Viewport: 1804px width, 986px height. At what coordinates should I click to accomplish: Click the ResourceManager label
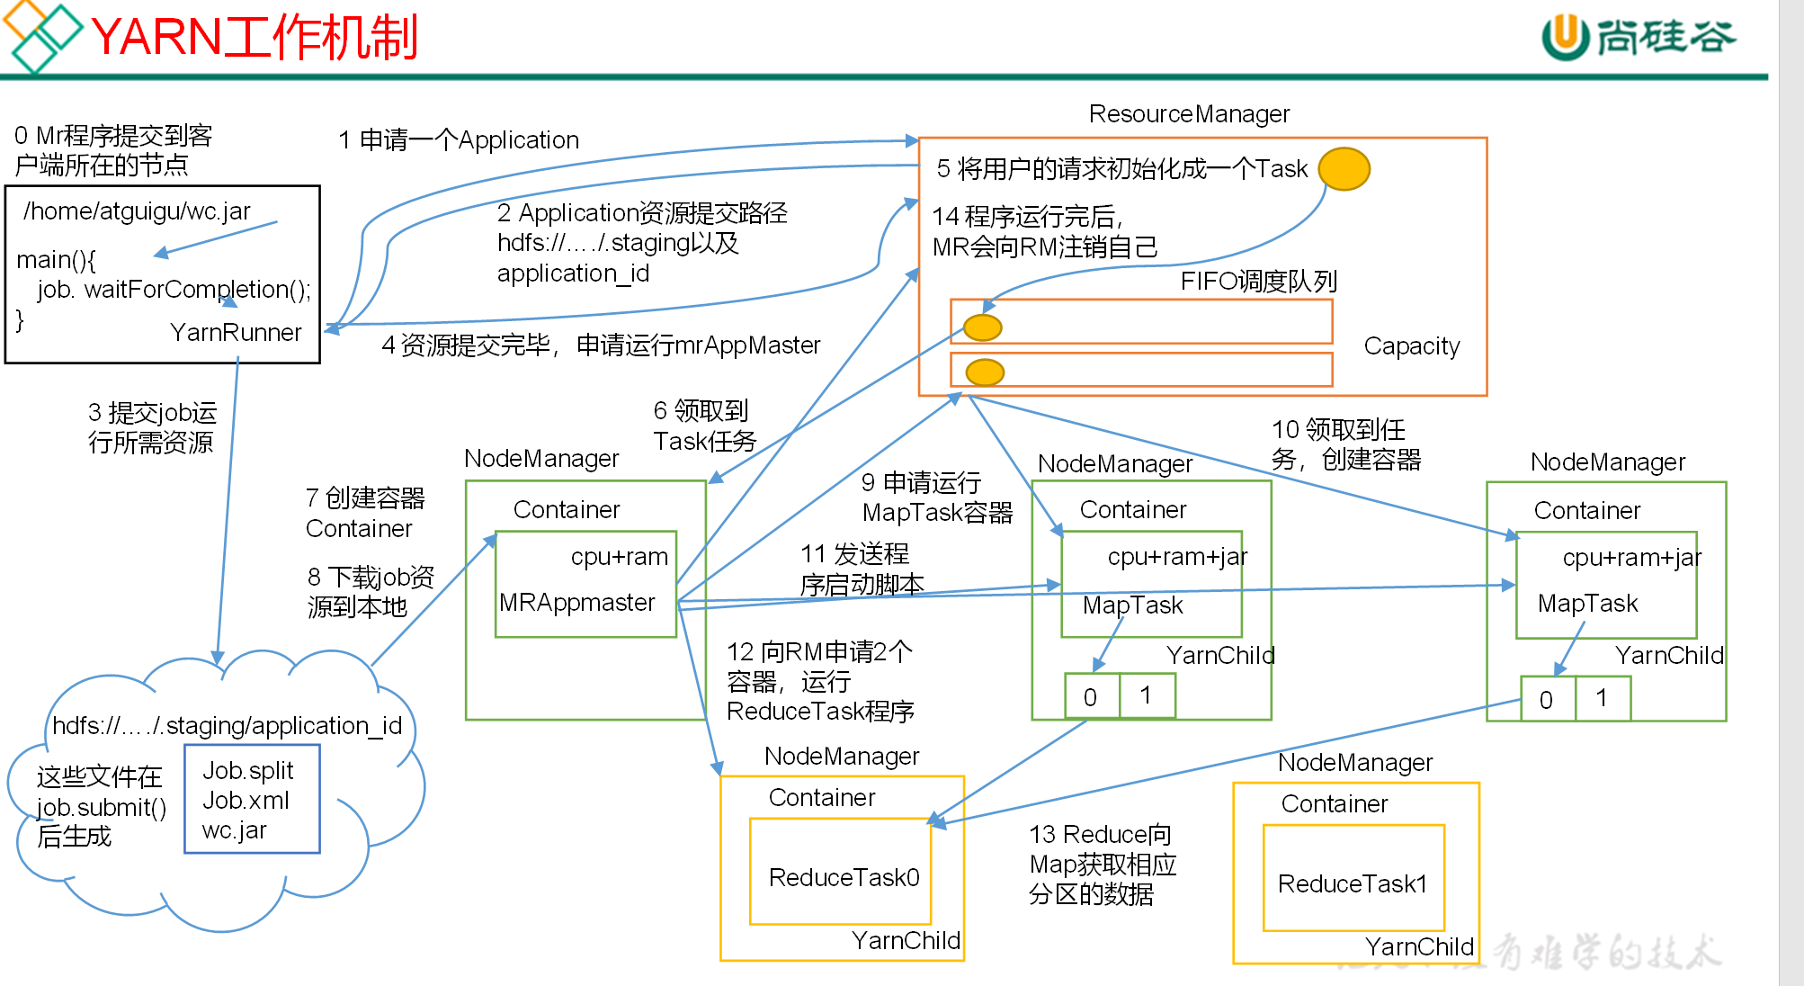point(1188,114)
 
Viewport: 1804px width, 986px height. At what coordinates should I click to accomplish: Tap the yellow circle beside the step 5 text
point(1344,168)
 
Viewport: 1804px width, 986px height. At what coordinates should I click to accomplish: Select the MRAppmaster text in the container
point(576,602)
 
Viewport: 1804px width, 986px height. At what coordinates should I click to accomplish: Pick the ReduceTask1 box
point(1353,878)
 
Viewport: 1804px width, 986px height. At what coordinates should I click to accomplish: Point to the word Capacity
point(1411,345)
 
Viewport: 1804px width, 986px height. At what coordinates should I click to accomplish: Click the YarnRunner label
point(236,332)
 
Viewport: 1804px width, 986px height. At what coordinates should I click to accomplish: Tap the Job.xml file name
point(246,800)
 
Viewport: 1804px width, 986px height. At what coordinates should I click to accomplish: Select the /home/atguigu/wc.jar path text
point(137,211)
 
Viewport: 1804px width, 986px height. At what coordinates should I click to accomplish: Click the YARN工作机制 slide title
point(255,38)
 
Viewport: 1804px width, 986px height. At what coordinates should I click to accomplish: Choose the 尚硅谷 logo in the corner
point(1639,37)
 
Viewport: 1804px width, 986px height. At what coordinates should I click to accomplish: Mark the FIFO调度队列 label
point(1258,282)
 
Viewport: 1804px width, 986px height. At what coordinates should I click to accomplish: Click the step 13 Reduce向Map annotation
point(1102,864)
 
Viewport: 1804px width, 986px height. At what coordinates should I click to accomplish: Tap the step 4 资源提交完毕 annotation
point(601,345)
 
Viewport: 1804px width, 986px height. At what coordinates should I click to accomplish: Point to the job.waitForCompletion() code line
point(174,289)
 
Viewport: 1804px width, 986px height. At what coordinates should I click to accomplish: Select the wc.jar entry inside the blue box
point(234,829)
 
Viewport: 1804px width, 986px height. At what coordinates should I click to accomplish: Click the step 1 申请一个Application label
point(459,139)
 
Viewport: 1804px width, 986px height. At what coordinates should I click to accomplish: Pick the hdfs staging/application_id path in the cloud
point(227,725)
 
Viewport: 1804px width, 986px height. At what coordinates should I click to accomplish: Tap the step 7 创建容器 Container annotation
point(364,513)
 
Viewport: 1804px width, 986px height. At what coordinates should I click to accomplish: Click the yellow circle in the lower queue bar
point(984,371)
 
